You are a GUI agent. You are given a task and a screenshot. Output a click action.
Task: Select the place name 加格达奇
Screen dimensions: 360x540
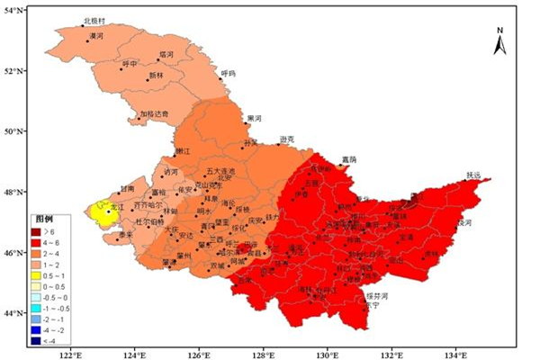[153, 114]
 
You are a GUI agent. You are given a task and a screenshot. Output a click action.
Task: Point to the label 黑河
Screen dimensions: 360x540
[254, 118]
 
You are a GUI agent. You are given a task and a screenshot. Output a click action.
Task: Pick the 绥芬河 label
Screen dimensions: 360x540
[376, 295]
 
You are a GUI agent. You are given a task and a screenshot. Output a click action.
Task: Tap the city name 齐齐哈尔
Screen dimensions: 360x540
[148, 205]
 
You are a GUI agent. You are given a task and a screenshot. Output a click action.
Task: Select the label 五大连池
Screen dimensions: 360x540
[220, 170]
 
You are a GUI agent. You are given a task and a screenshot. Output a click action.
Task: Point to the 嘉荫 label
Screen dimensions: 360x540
[349, 159]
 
